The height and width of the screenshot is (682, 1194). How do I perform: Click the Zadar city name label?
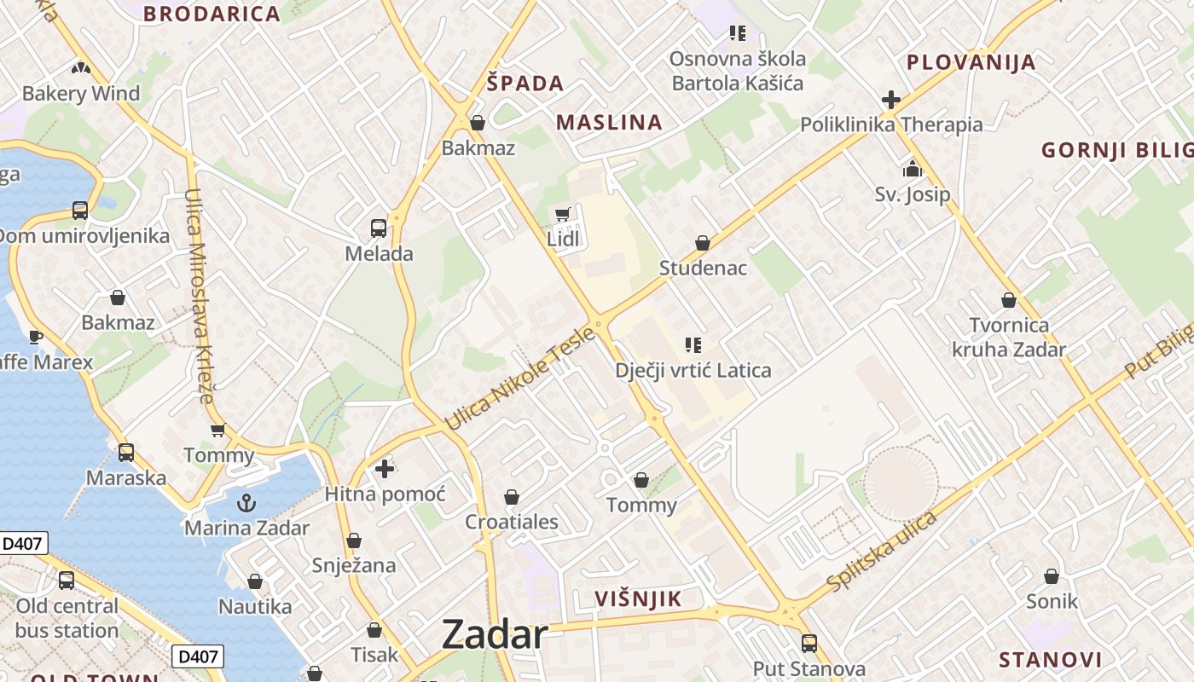(x=495, y=635)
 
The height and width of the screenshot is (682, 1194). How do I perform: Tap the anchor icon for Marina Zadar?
(x=246, y=502)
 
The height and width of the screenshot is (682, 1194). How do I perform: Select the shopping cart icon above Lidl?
(x=562, y=214)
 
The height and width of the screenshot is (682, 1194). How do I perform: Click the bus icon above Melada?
(x=379, y=228)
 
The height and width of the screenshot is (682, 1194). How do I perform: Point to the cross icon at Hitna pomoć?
(x=385, y=468)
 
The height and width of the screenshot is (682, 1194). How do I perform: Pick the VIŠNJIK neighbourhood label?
(x=638, y=598)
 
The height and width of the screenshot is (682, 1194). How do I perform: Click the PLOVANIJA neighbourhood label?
(x=971, y=62)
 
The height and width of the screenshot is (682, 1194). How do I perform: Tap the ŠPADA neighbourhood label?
(x=525, y=83)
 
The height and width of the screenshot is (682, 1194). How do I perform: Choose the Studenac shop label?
(x=703, y=268)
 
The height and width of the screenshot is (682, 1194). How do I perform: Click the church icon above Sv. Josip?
(x=913, y=168)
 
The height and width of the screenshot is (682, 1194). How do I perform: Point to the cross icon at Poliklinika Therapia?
(x=891, y=100)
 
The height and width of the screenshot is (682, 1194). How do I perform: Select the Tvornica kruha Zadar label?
(x=1009, y=337)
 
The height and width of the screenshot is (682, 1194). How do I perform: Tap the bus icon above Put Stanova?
(x=809, y=643)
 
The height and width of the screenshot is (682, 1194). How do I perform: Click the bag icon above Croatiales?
(x=512, y=496)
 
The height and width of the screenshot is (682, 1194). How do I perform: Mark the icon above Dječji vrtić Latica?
(x=693, y=344)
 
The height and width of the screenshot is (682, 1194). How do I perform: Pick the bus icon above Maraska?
(x=126, y=452)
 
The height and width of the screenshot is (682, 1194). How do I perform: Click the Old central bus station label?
(x=67, y=618)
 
